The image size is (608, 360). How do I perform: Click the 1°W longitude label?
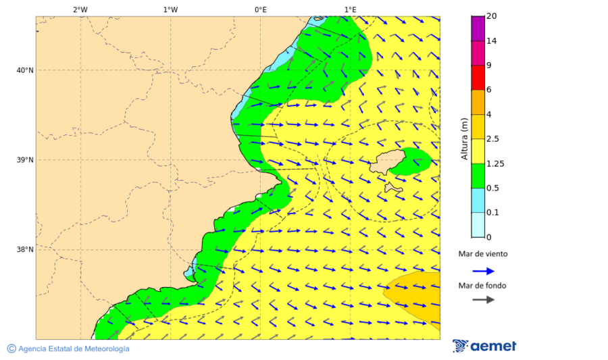coord(170,9)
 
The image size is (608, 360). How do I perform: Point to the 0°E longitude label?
coord(260,9)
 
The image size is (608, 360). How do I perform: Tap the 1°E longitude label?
coord(350,9)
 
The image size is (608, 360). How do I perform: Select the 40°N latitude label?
coord(25,70)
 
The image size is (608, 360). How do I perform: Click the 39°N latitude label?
coord(25,160)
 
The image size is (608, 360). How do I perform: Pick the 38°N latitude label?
coord(25,250)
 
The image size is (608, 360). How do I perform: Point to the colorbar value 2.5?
coord(493,139)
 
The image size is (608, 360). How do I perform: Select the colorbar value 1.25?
coord(495,163)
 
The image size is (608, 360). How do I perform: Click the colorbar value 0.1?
coord(493,213)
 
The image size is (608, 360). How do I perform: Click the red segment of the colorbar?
coord(478,78)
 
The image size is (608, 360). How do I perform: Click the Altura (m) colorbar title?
coord(464,138)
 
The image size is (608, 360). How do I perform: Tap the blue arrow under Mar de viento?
coord(483,271)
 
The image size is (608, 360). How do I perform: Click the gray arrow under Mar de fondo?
coord(483,299)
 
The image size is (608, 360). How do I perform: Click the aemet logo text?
coord(493,346)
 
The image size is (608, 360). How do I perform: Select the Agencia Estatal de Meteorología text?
coord(74,349)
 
